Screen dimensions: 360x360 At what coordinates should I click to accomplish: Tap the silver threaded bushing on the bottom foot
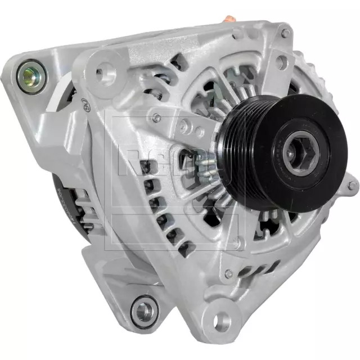[145, 309]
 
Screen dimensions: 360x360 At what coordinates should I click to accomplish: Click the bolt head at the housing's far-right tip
[351, 186]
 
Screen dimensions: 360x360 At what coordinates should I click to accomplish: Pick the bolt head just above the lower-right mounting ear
[228, 274]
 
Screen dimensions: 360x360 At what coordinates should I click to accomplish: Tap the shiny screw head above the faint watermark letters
[156, 118]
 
